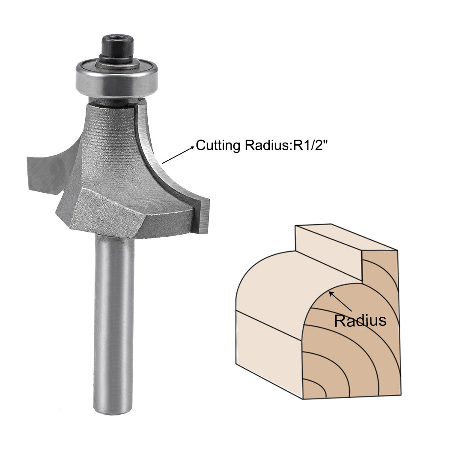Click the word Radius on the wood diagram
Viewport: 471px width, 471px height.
tap(360, 320)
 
